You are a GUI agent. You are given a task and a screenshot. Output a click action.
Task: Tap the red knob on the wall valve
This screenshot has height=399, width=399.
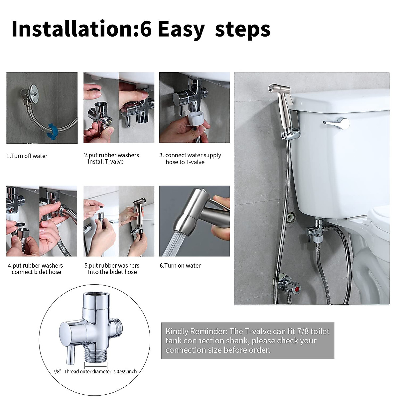point(297,288)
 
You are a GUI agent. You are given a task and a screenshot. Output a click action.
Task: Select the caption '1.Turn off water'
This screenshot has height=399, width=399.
point(27,156)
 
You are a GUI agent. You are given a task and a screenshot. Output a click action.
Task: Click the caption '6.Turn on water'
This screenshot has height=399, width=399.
point(180,265)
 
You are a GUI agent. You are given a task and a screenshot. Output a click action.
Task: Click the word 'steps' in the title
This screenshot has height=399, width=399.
point(242,30)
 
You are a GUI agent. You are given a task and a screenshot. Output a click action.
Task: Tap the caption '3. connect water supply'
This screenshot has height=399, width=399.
point(190,155)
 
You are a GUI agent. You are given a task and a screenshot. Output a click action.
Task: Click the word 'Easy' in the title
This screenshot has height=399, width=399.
point(182,30)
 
